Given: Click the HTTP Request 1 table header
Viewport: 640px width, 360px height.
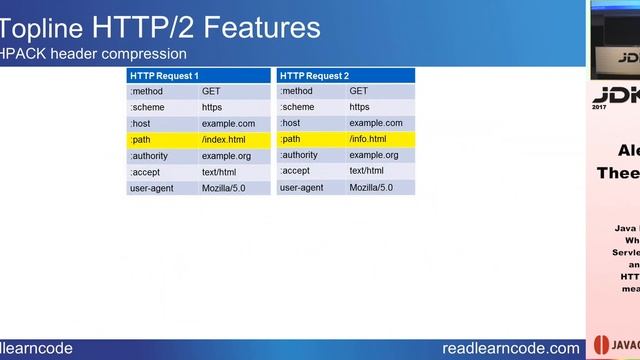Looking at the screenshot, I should click(165, 76).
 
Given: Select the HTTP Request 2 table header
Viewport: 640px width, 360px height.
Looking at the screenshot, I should click(314, 76).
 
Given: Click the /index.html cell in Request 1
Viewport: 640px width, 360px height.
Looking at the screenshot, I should click(224, 140).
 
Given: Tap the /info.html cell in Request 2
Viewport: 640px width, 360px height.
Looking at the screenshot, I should click(368, 140).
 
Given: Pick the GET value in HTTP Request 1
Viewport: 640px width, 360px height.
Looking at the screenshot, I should click(211, 91).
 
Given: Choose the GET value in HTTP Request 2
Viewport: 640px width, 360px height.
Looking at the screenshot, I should click(358, 91).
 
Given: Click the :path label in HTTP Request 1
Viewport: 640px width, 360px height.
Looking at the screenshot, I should click(140, 140).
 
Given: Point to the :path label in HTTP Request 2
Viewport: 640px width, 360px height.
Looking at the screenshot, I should click(290, 140).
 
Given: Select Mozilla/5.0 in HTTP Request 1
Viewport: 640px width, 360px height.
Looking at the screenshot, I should click(225, 188).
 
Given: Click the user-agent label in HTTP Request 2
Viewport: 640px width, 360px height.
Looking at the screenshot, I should click(301, 188).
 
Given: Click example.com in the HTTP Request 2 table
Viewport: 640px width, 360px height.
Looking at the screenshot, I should click(376, 124).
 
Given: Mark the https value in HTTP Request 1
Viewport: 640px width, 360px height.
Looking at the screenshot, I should click(212, 107).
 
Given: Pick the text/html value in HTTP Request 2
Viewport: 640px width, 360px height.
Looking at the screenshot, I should click(367, 172).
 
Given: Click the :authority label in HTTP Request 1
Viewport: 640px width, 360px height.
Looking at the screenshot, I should click(151, 156).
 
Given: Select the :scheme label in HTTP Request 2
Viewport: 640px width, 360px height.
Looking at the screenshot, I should click(297, 107).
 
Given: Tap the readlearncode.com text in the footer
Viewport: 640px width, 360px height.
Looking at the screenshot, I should click(510, 347).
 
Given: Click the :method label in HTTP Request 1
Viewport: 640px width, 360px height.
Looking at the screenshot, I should click(146, 91).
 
